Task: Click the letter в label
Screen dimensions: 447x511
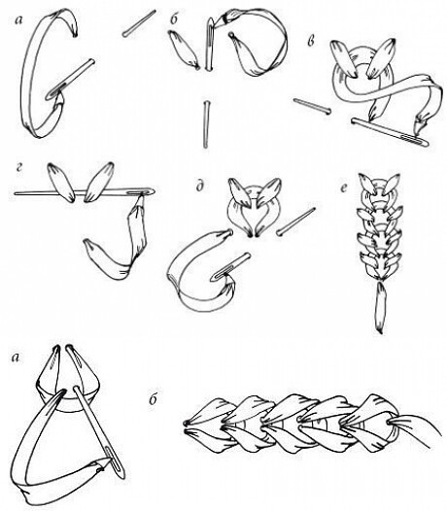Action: point(311,41)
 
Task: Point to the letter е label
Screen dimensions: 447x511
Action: point(344,188)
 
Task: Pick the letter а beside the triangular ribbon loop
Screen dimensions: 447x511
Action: point(15,358)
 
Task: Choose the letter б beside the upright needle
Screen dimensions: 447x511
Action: point(174,19)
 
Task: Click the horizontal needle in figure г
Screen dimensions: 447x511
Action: point(85,192)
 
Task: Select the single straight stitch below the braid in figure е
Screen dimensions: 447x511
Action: point(380,308)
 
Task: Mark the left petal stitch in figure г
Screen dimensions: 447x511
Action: point(60,182)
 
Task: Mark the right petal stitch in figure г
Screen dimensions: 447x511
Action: point(98,182)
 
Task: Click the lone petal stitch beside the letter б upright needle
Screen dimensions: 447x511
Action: point(184,50)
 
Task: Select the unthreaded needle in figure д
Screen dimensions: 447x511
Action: point(295,221)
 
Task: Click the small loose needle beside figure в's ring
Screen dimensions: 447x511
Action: point(312,106)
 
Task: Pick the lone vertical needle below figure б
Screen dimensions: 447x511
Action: point(206,124)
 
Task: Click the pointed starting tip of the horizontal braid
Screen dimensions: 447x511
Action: point(186,425)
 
